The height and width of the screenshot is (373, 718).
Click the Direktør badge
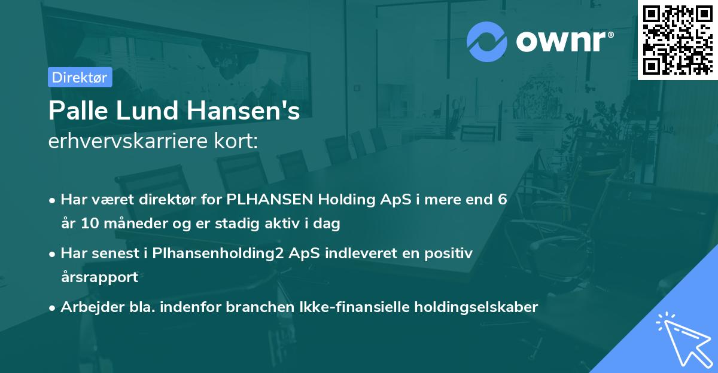pyautogui.click(x=80, y=77)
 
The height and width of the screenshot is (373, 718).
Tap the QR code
pyautogui.click(x=677, y=40)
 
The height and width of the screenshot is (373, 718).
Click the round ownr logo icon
pyautogui.click(x=486, y=42)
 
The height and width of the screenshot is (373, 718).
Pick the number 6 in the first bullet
pyautogui.click(x=503, y=199)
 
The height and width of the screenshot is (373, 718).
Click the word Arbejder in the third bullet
pyautogui.click(x=87, y=307)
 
